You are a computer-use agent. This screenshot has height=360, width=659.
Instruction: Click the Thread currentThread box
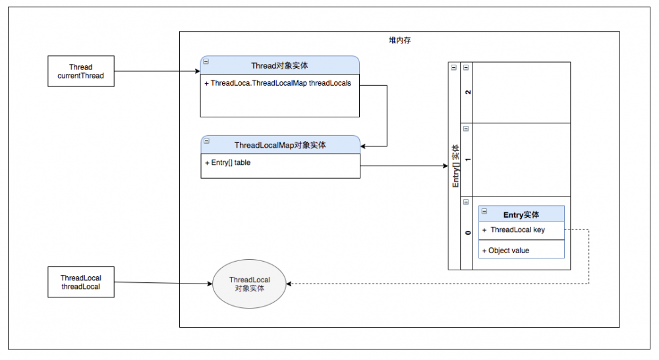[80, 71]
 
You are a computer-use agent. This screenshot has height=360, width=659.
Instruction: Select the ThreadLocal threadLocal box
[80, 282]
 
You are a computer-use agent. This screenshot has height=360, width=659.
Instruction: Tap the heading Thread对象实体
[280, 66]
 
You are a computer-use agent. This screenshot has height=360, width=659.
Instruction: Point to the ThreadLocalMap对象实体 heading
[280, 145]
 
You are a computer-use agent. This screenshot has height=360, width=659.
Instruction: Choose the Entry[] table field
[227, 163]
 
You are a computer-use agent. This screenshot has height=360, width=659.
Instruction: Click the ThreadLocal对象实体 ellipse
[249, 284]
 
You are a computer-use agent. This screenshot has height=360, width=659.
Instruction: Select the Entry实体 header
[521, 214]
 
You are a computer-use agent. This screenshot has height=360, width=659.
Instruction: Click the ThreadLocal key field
[517, 230]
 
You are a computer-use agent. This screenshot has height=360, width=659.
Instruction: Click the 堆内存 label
[400, 41]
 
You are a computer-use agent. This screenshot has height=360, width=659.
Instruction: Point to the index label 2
[467, 92]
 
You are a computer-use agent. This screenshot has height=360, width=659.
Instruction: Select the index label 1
[467, 160]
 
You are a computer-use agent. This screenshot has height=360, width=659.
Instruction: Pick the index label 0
[467, 233]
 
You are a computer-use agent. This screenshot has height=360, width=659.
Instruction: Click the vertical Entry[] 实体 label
[455, 166]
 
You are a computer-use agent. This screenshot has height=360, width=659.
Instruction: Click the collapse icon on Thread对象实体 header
[206, 61]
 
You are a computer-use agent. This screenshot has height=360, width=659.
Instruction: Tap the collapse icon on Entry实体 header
[484, 211]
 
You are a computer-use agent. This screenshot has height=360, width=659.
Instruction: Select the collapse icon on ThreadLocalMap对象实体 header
[206, 140]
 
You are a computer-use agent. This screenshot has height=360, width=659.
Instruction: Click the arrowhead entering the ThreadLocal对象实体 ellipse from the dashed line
[291, 284]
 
